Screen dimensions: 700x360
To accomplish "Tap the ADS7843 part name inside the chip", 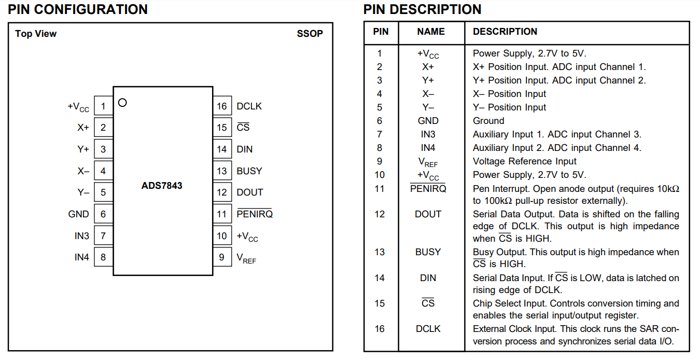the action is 162,186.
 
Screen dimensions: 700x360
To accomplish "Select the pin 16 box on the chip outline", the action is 222,106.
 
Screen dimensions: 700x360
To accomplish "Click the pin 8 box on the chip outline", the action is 103,257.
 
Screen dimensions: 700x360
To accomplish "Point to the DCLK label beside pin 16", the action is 249,106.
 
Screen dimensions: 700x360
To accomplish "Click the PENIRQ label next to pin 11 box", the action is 255,214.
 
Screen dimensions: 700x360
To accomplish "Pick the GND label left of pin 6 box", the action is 78,214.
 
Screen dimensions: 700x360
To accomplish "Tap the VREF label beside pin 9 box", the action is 246,258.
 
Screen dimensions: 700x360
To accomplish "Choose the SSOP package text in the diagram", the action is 310,33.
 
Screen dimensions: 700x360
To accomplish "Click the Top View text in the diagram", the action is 36,33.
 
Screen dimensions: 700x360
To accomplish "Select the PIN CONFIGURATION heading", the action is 78,9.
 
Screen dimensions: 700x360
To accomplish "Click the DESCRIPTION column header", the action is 505,32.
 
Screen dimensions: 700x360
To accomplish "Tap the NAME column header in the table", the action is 431,32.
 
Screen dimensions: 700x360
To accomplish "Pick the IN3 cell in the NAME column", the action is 428,134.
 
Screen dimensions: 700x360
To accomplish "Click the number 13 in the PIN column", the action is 380,252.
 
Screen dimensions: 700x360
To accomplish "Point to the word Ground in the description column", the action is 488,121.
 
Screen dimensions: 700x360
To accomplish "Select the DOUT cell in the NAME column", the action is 428,214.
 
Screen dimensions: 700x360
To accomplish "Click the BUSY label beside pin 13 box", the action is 249,171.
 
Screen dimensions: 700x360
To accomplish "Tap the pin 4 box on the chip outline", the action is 103,171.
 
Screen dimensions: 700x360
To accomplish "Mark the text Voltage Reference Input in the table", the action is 524,161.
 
